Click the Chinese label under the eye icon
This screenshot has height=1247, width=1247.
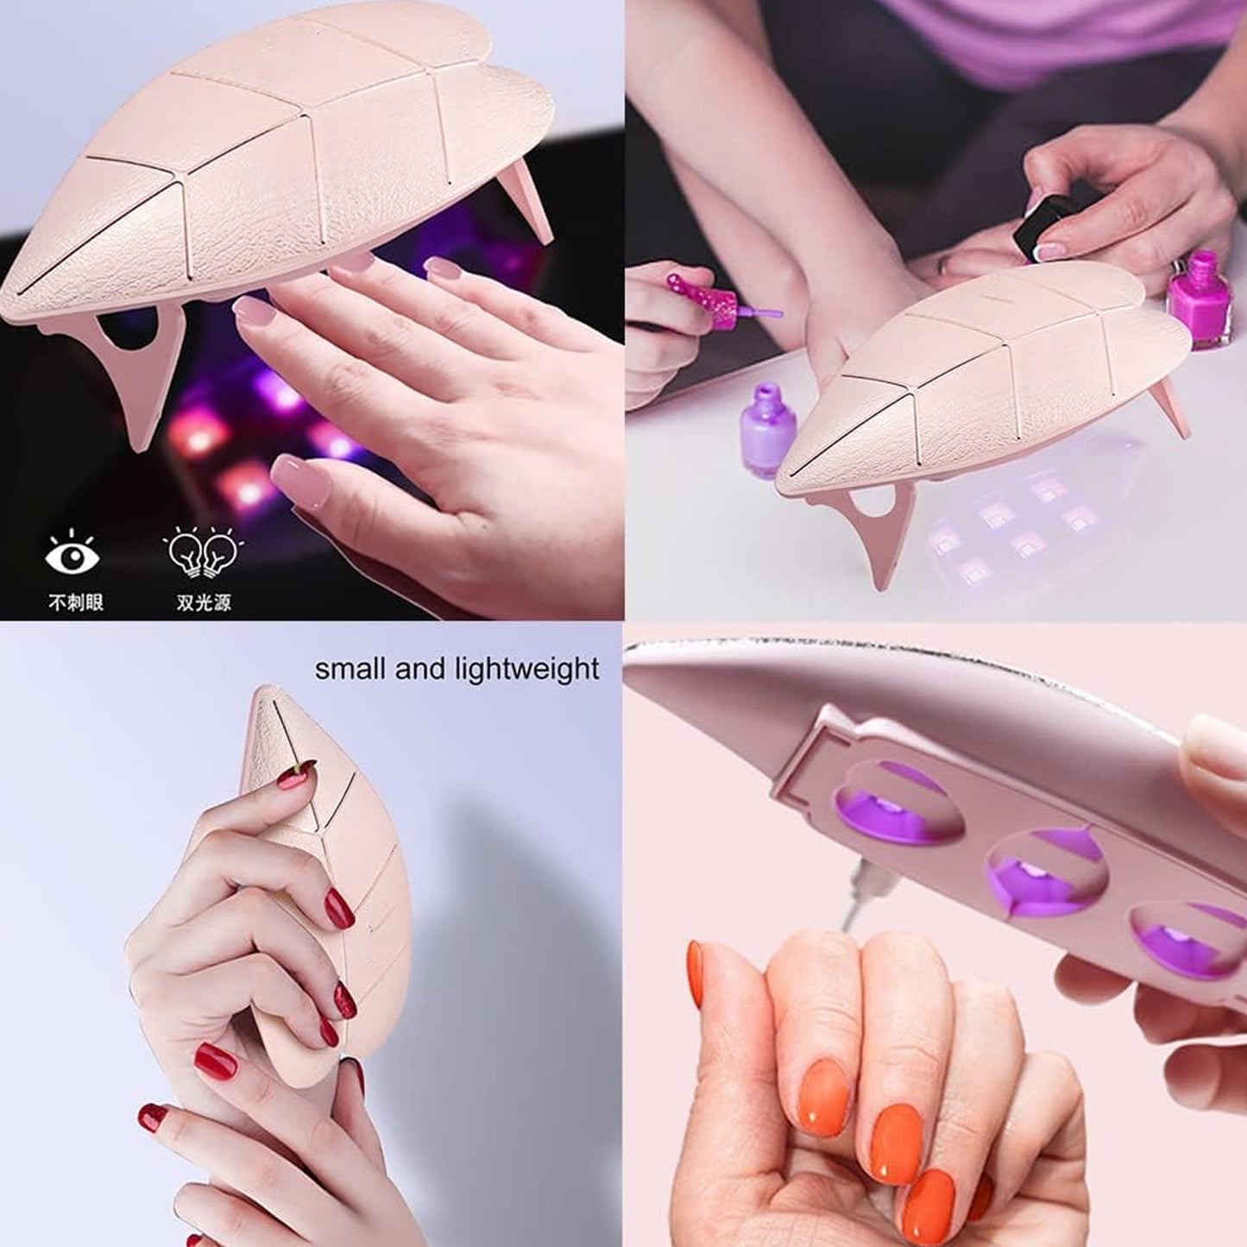[75, 602]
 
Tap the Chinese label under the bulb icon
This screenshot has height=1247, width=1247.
[204, 602]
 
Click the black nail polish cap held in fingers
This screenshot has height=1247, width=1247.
[1042, 226]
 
